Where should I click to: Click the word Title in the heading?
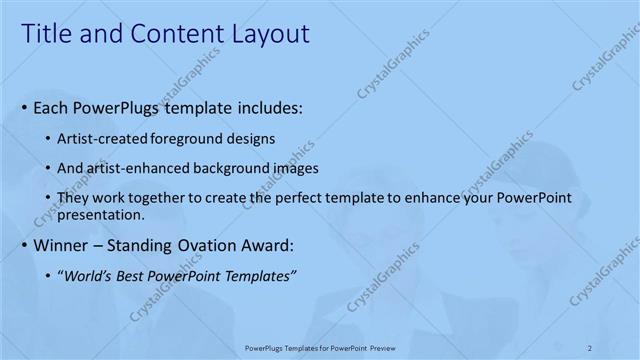tap(48, 34)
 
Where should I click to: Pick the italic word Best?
tap(133, 276)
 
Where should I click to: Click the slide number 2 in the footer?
tap(590, 348)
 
